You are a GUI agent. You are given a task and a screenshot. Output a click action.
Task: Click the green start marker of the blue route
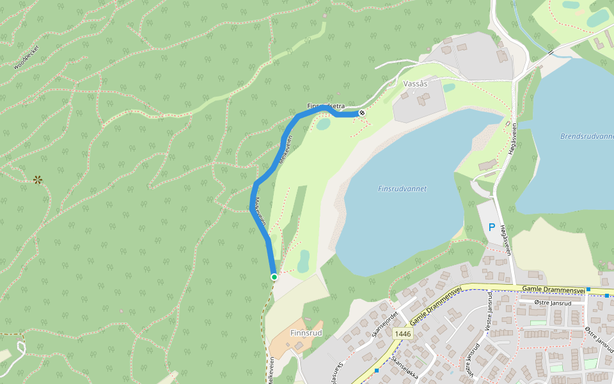click(274, 276)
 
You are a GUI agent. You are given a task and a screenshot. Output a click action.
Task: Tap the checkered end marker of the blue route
click(362, 113)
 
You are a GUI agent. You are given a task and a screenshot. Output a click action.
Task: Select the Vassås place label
click(416, 84)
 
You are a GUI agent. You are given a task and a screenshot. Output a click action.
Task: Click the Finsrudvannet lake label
click(402, 189)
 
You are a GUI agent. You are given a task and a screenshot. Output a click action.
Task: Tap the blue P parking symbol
click(492, 227)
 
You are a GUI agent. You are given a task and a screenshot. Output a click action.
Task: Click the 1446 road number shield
click(403, 333)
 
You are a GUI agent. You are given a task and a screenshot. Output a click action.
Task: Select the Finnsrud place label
click(306, 333)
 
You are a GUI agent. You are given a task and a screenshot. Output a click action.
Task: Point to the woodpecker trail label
click(26, 57)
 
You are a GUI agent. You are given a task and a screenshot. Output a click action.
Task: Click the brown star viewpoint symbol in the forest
click(38, 180)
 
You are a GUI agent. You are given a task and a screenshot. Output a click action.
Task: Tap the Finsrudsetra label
click(326, 106)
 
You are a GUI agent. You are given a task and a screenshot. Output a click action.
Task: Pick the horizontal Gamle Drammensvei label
click(554, 290)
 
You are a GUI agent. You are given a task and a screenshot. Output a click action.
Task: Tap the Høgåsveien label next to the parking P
click(506, 240)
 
